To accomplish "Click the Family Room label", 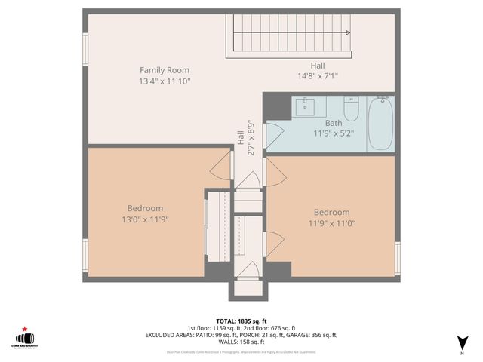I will [164, 70].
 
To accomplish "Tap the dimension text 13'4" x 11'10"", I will [164, 81].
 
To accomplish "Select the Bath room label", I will [333, 123].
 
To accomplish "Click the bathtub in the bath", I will [380, 124].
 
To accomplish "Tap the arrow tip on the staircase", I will [348, 32].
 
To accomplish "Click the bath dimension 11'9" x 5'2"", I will [333, 133].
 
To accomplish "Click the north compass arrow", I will [461, 342].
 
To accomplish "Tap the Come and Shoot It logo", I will [26, 339].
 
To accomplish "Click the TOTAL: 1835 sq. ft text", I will [241, 321].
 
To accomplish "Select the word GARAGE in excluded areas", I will [306, 335].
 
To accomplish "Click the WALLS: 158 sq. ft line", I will [241, 341].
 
